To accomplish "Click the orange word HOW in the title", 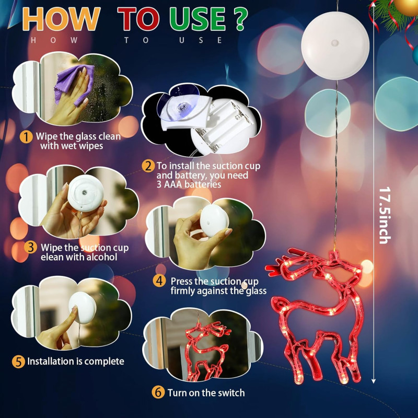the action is [61, 19].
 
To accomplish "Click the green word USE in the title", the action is [198, 19].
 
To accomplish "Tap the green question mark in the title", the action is [240, 19].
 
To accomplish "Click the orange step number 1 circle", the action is [26, 137].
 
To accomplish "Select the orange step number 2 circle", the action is [148, 166].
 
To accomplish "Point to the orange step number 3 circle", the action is [30, 247].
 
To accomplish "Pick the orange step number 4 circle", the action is [159, 281].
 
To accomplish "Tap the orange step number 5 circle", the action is [18, 362].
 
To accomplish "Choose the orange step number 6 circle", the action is [158, 392].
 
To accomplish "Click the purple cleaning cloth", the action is [74, 84].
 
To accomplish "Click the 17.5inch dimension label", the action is [385, 215].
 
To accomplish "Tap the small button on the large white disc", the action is [335, 43].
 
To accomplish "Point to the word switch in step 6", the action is [231, 393].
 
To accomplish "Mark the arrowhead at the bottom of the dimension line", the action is [373, 381].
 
